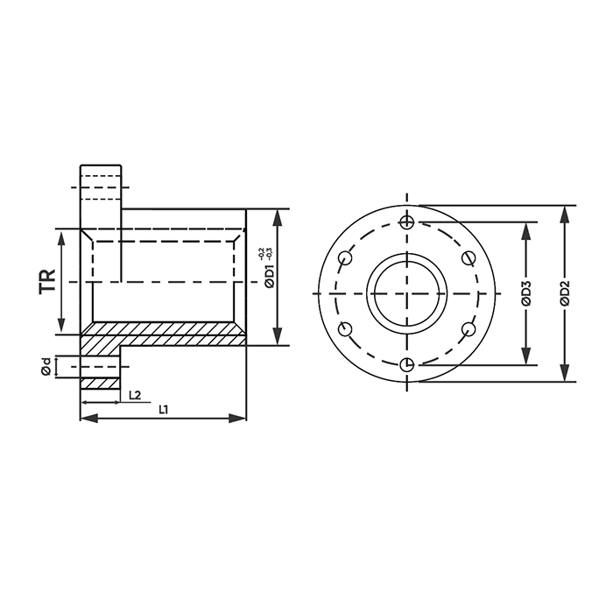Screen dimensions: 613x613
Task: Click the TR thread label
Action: point(47,281)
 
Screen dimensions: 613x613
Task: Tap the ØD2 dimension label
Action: point(565,292)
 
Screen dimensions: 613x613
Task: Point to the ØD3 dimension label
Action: point(526,292)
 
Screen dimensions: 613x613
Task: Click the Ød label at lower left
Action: point(46,367)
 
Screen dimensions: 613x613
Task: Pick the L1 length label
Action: point(164,409)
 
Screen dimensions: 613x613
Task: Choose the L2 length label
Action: point(135,395)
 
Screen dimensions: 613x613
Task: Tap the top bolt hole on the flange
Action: point(407,222)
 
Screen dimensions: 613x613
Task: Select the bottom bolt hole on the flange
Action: point(407,365)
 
